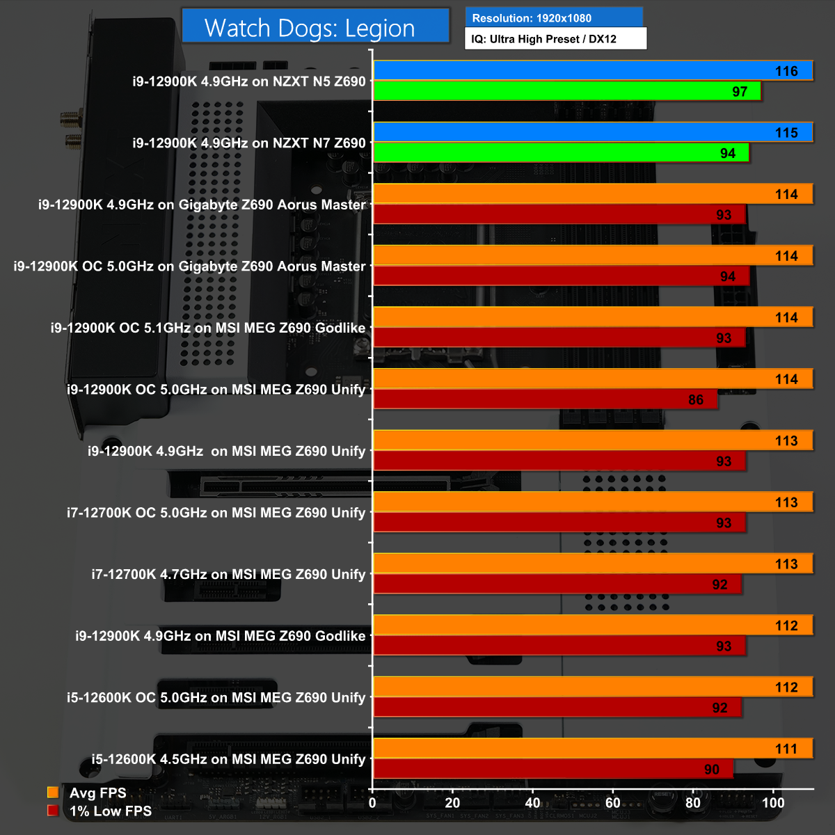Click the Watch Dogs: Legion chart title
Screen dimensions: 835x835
[x=310, y=28]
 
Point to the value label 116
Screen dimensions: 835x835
[x=786, y=71]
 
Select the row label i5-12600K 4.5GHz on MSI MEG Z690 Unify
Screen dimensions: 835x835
[x=228, y=759]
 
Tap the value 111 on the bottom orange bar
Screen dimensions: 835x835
[x=786, y=749]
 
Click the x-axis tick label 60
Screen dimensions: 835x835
[x=613, y=802]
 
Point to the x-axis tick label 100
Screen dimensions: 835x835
[x=773, y=802]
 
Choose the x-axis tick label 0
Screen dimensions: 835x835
[x=372, y=802]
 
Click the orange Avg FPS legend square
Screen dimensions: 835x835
[x=53, y=793]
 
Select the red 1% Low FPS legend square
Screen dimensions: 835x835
[x=53, y=811]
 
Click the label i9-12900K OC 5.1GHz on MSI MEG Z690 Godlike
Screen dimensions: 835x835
[x=208, y=328]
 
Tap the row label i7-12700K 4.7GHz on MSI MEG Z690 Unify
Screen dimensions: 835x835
[x=228, y=574]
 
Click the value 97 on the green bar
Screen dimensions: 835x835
[x=740, y=92]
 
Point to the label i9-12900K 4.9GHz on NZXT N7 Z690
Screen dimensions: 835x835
[x=249, y=143]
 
